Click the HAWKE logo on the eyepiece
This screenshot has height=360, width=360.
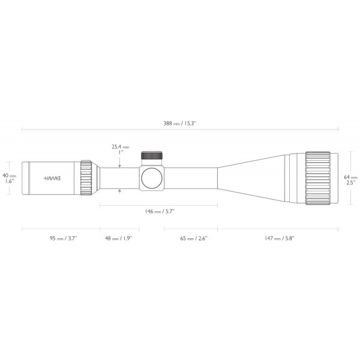(54, 178)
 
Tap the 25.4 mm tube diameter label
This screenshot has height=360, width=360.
(121, 146)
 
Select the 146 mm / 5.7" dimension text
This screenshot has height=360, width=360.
(159, 212)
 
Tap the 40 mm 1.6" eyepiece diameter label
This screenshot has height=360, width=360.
(9, 178)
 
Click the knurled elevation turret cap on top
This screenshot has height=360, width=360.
(151, 155)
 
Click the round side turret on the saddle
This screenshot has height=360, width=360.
(151, 178)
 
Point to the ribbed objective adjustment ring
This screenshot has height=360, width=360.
(319, 178)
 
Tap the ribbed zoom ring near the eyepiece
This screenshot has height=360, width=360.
(86, 178)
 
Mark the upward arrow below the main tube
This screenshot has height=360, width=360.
(120, 191)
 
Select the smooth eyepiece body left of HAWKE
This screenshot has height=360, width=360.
(33, 178)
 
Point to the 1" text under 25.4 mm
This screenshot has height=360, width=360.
(120, 152)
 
